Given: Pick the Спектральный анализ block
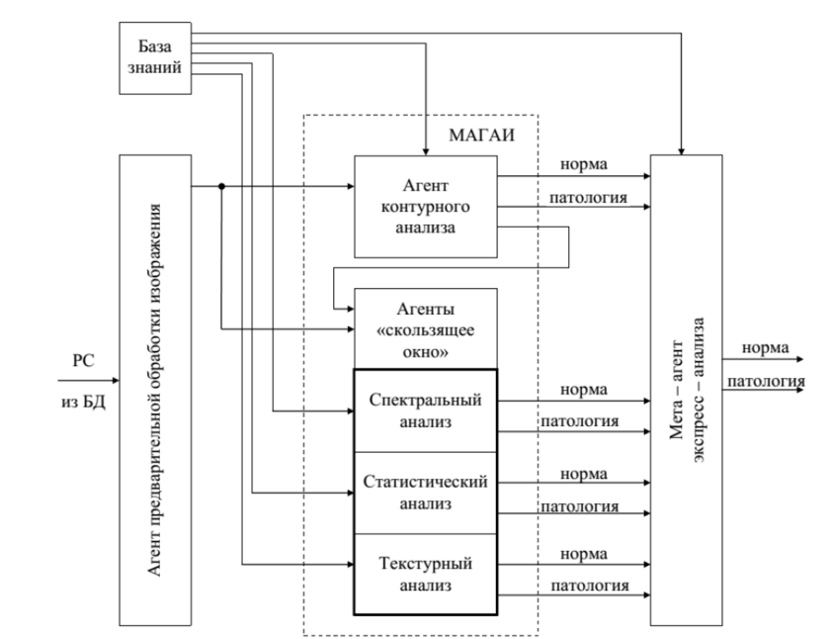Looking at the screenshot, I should pos(424,411).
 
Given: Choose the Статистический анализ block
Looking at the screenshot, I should pos(424,492).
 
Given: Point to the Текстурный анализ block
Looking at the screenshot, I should pos(424,575).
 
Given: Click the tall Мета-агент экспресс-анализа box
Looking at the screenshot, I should pos(686,390).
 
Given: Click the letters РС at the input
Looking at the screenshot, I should pos(83,362).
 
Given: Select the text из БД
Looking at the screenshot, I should pos(83,401).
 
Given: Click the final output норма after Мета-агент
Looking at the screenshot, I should pos(765,348).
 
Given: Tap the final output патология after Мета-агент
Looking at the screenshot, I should pos(767,381).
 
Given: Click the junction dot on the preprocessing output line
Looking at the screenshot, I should pos(221,186).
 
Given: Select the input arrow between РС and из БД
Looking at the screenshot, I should pos(87,381).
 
